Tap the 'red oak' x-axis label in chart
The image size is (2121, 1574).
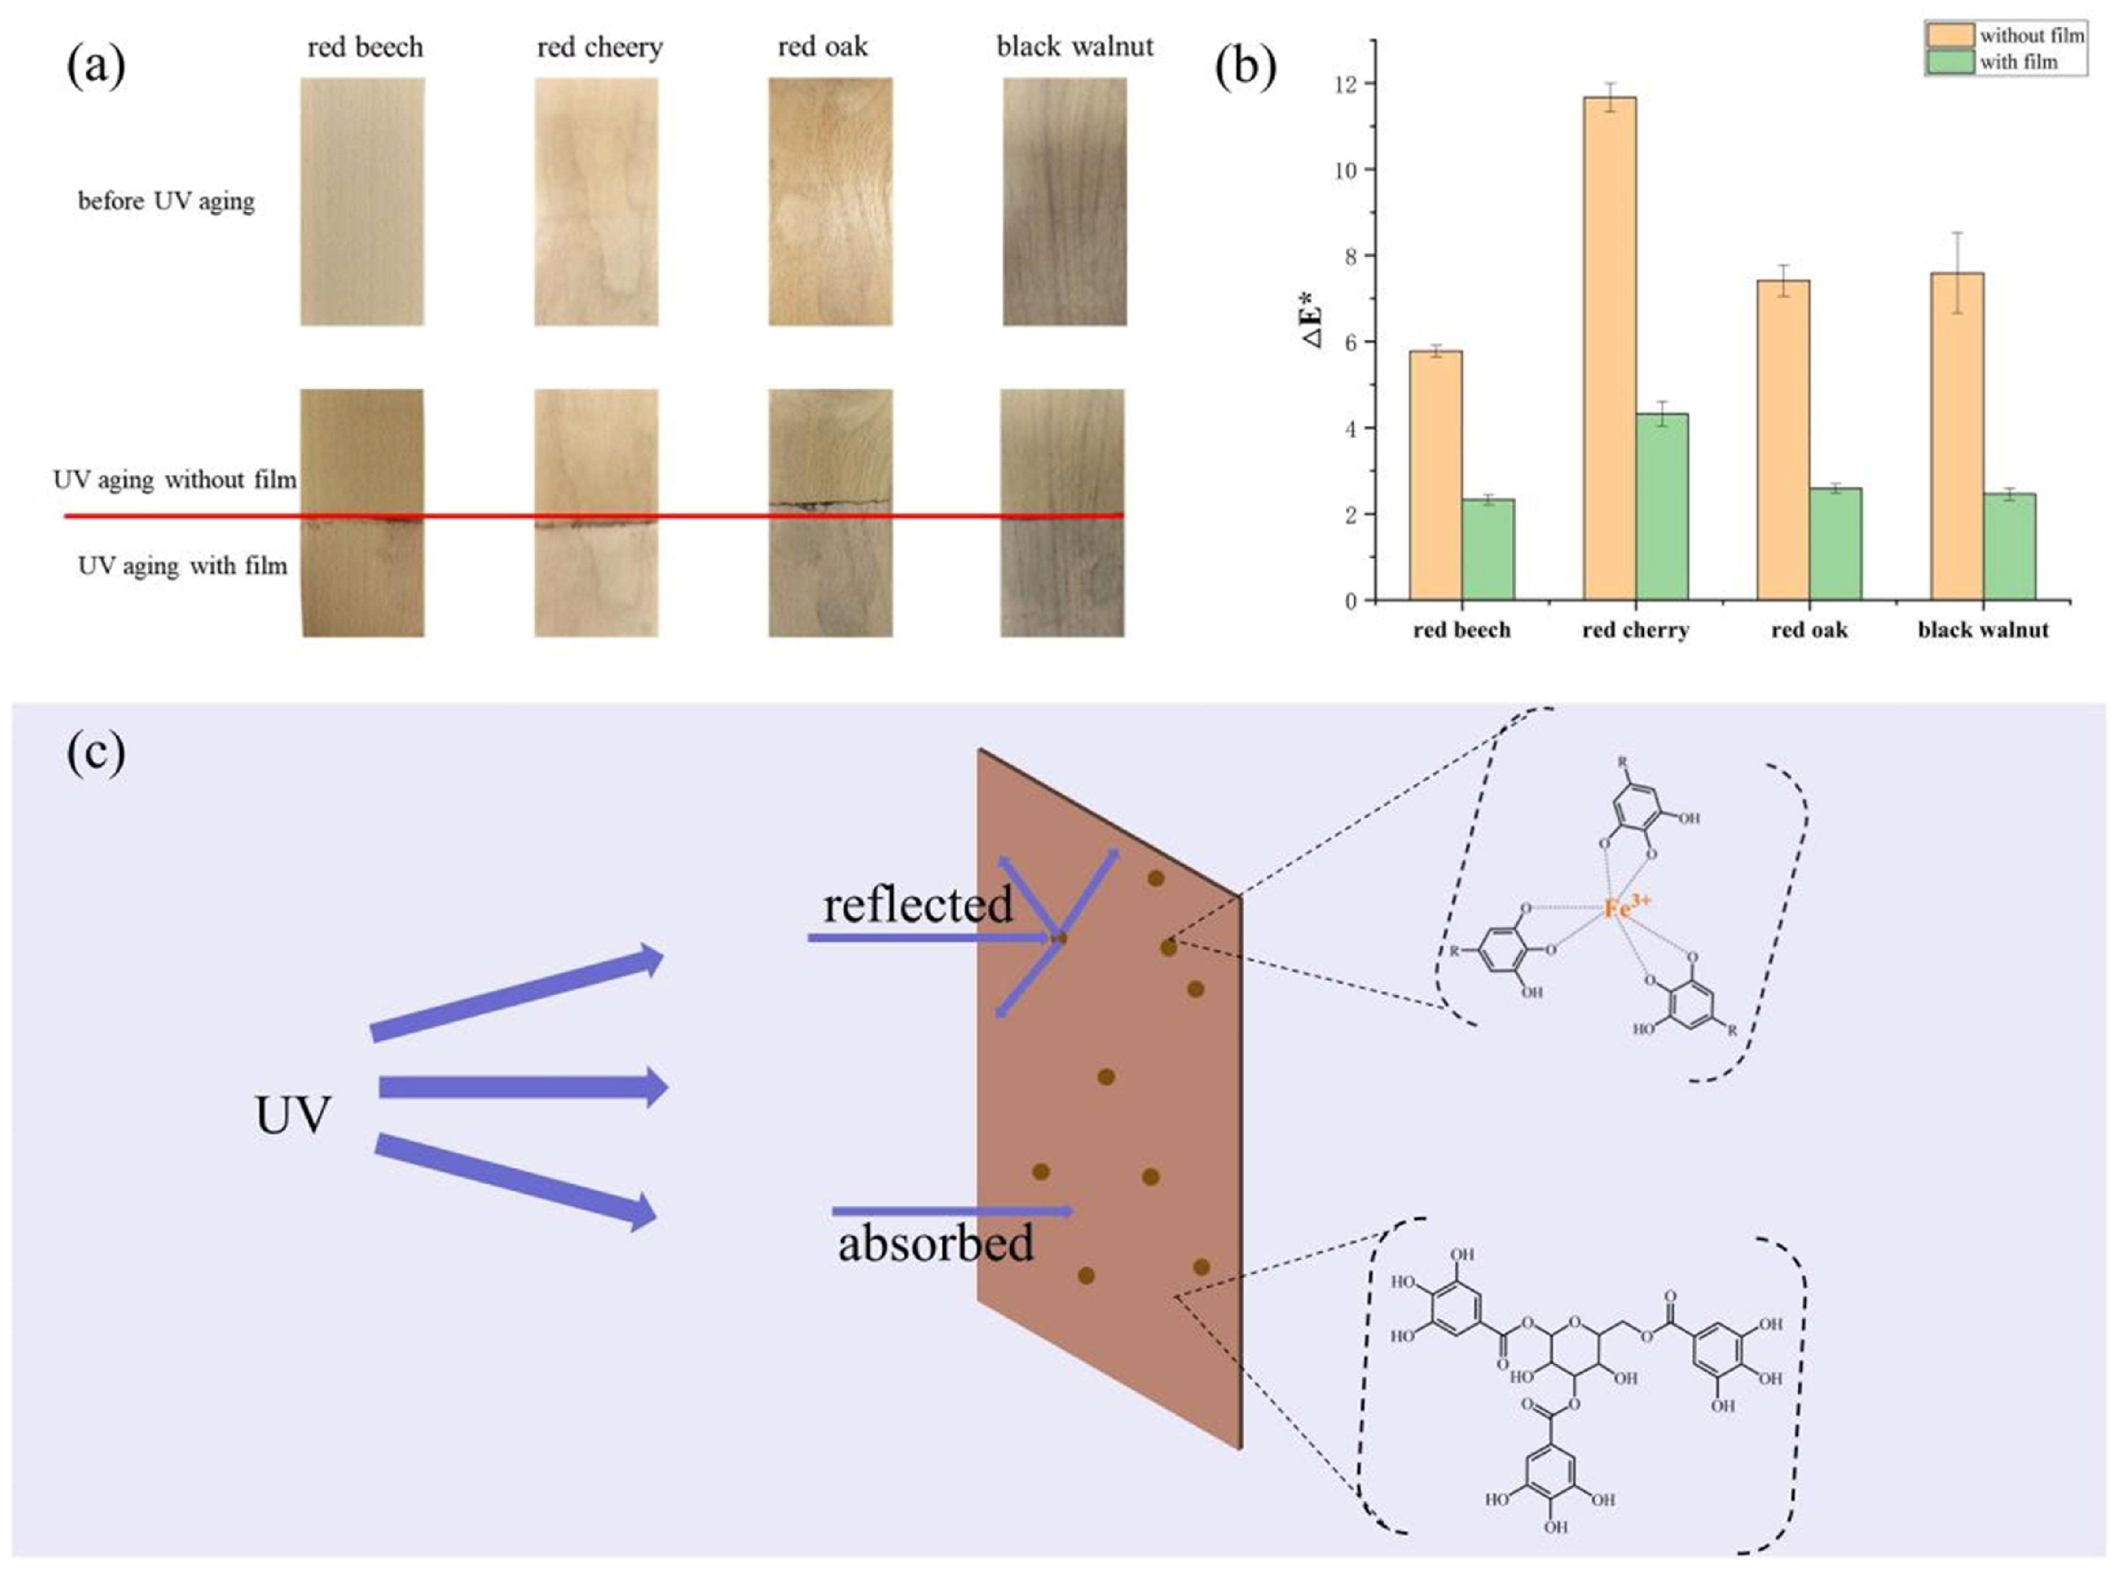[x=1809, y=630]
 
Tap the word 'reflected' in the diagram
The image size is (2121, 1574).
[x=917, y=904]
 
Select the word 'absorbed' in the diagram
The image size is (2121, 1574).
[x=935, y=1244]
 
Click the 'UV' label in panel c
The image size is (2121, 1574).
[x=292, y=1115]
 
